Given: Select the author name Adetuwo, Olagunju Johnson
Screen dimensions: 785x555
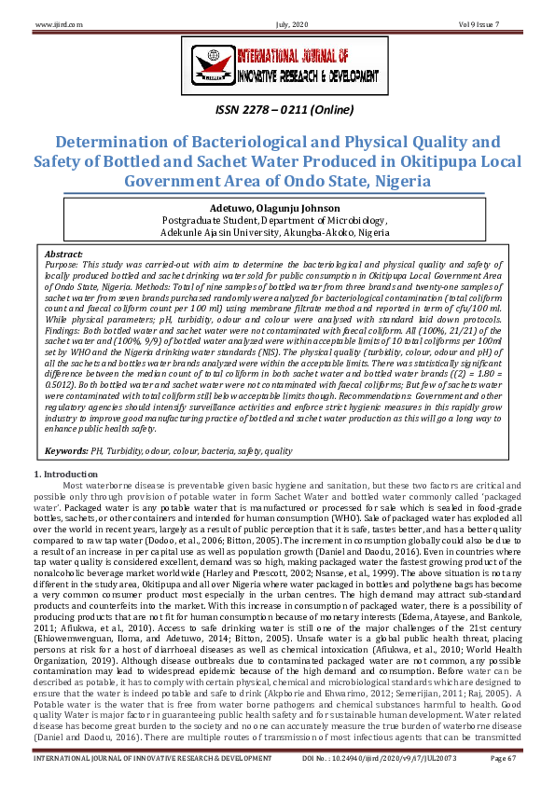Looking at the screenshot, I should pos(276,207).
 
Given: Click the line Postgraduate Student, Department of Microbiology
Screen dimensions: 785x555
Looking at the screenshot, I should pos(276,220).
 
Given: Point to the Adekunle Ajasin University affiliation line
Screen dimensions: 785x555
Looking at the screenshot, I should pos(276,232).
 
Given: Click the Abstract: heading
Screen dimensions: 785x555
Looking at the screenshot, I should pos(63,254).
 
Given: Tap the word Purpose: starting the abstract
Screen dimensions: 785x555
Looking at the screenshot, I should pos(64,264).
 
